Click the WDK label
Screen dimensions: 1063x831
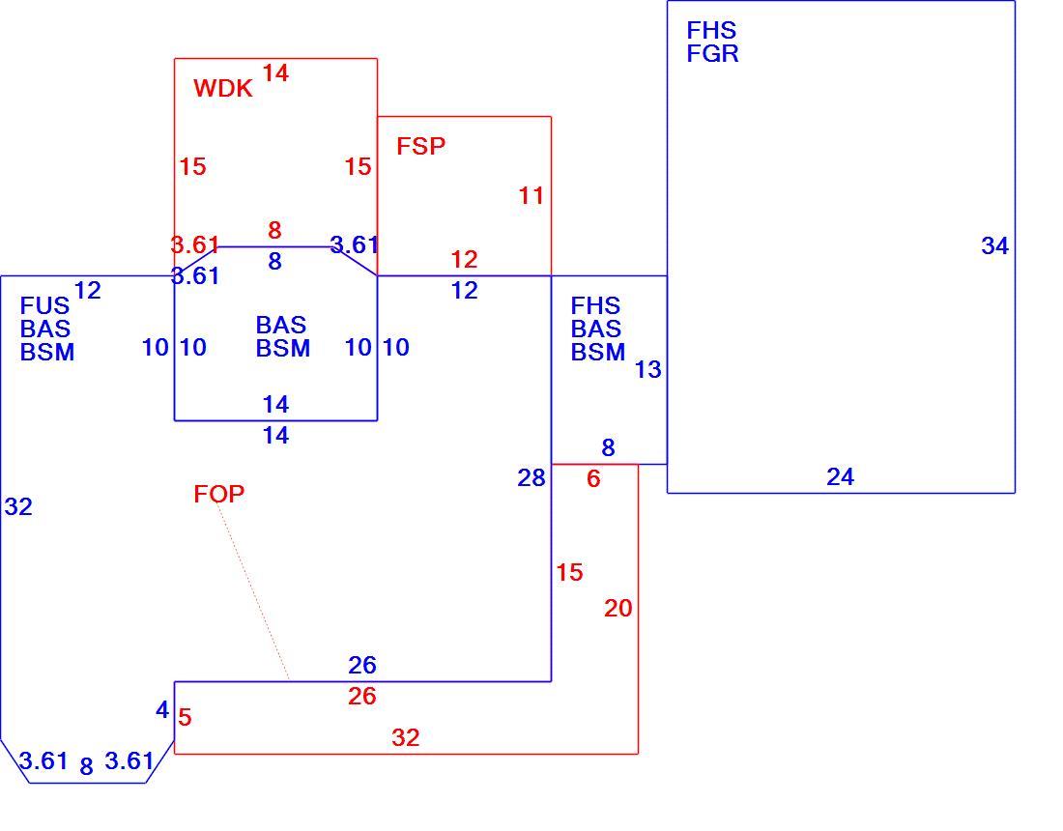[223, 88]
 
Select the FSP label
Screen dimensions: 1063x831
[421, 146]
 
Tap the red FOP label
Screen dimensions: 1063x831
[219, 494]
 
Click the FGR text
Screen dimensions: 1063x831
[712, 53]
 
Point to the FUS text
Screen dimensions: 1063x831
[44, 305]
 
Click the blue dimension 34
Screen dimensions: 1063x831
[994, 245]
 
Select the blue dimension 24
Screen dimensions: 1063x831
[840, 477]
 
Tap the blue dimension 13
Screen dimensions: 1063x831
[647, 369]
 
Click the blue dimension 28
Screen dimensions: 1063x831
[531, 478]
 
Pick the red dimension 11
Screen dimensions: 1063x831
[531, 196]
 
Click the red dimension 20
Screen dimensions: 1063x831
[618, 608]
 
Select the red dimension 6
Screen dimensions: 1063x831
[594, 478]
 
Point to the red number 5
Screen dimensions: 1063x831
[186, 717]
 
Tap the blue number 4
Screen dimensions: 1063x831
[162, 709]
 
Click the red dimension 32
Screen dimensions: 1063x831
[406, 737]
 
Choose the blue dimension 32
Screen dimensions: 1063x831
[18, 506]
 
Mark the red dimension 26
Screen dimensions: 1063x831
[362, 696]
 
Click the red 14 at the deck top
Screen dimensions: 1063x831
[275, 72]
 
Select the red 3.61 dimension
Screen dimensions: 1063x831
[194, 244]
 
